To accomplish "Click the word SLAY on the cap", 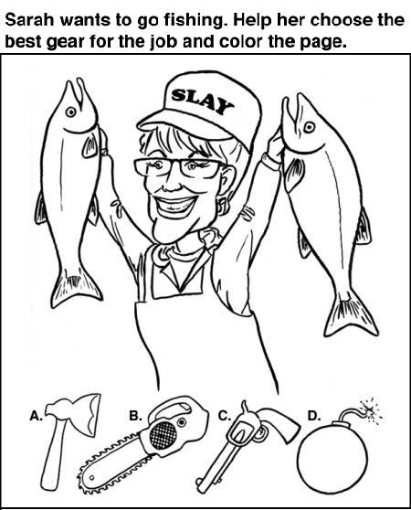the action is pyautogui.click(x=202, y=101).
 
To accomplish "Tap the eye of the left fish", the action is pyautogui.click(x=70, y=112).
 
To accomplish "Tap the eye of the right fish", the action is pyautogui.click(x=309, y=127).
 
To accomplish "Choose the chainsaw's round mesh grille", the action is pyautogui.click(x=163, y=434).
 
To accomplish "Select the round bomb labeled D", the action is pyautogui.click(x=332, y=461).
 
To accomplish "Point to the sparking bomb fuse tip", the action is pyautogui.click(x=370, y=409).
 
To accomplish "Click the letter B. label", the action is pyautogui.click(x=135, y=415).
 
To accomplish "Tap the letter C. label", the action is pyautogui.click(x=225, y=415).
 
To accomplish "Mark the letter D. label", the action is pyautogui.click(x=314, y=415).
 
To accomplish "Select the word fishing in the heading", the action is pyautogui.click(x=196, y=21).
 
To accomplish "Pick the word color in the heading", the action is pyautogui.click(x=239, y=41).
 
